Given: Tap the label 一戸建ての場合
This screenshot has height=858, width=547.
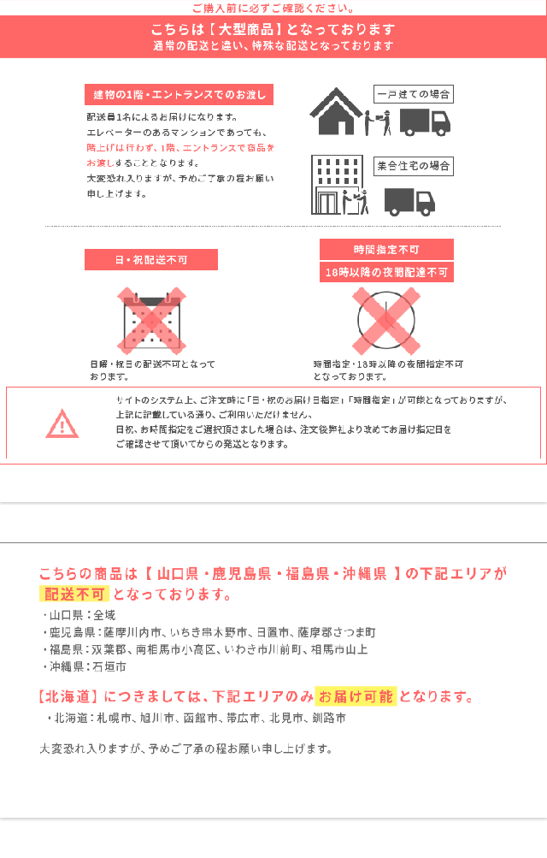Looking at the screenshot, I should (414, 94).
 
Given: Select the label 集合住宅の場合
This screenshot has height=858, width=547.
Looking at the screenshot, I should (415, 166).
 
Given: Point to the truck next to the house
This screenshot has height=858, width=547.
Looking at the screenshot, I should (425, 122).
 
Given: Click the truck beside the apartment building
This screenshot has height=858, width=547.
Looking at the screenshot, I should (409, 202).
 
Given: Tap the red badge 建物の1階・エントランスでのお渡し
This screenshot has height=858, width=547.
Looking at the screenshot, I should (179, 94).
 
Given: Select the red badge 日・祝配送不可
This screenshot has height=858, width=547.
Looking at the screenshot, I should (151, 259).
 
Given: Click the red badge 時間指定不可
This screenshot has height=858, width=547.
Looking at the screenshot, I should (386, 249).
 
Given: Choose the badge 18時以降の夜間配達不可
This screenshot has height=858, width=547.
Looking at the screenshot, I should (386, 273).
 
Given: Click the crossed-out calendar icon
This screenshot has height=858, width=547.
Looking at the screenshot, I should (151, 322).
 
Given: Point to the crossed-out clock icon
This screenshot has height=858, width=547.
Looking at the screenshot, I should (386, 322).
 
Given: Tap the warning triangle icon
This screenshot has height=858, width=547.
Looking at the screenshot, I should (62, 423).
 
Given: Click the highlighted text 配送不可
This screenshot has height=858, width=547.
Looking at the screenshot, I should (74, 595).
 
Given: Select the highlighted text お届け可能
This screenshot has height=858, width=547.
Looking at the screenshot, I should (356, 695).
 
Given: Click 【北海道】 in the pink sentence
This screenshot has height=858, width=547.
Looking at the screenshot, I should (71, 695).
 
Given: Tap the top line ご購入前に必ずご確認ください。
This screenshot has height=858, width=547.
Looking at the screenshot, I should (273, 8).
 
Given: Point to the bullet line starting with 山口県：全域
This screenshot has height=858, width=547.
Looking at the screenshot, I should (78, 615).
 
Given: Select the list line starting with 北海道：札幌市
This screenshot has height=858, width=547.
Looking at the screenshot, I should (197, 718).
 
